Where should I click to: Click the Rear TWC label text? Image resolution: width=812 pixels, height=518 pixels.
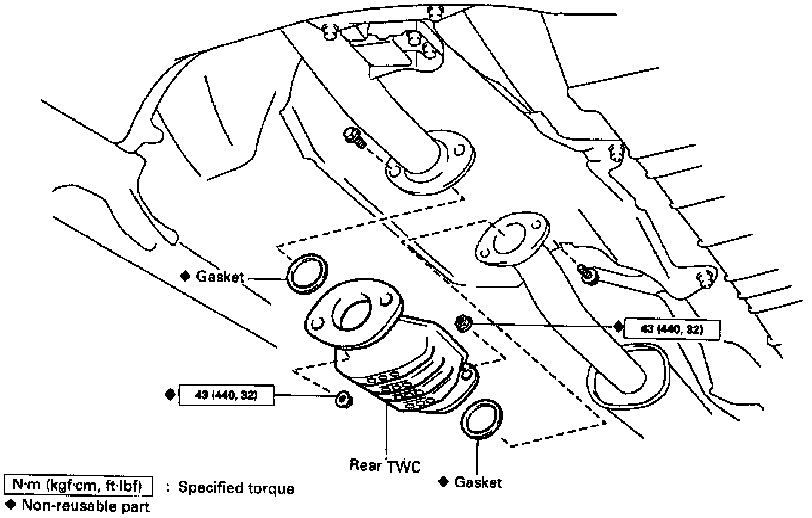385,465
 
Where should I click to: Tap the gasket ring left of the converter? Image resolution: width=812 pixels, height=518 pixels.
307,273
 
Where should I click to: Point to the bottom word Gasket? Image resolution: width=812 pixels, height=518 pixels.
478,482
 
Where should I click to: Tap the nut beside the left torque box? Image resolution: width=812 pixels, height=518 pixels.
342,398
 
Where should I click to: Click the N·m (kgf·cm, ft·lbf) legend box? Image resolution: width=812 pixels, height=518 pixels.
78,488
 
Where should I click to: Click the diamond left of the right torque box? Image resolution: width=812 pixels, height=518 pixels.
618,326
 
